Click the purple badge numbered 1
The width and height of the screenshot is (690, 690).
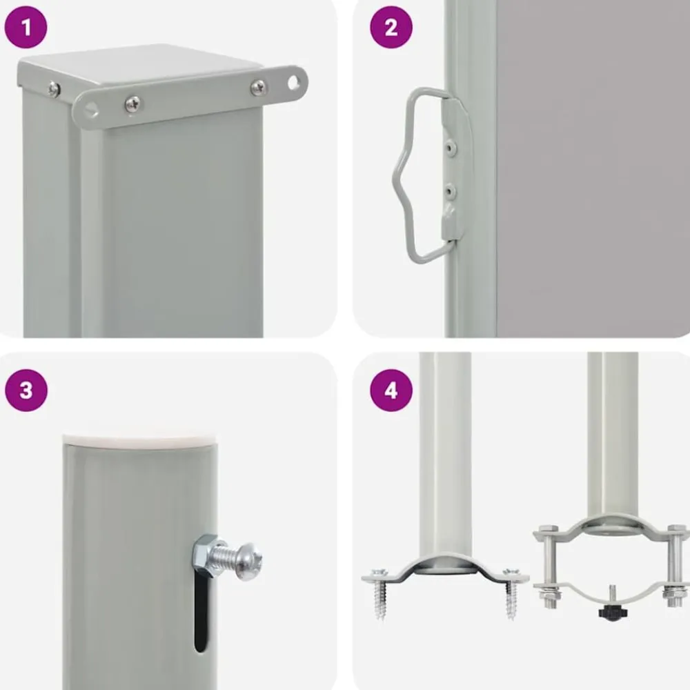tap(26, 28)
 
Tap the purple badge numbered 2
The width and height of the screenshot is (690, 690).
tap(391, 28)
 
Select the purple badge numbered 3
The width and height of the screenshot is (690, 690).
tap(26, 391)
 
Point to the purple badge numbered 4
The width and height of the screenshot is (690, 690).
tap(391, 391)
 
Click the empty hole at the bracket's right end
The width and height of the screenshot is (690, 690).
tap(293, 83)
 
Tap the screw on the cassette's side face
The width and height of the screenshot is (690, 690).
tap(54, 89)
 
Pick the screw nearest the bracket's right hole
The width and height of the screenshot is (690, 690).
tap(258, 87)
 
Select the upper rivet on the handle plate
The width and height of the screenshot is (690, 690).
tap(449, 148)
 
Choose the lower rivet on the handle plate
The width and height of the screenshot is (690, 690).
tap(449, 191)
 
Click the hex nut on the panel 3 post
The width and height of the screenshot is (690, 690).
tap(205, 555)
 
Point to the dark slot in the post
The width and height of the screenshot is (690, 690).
tap(201, 613)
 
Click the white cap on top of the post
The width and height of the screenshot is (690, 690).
tap(141, 442)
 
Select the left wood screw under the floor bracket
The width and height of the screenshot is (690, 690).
tap(379, 593)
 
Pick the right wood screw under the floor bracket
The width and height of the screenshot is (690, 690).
tap(511, 593)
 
